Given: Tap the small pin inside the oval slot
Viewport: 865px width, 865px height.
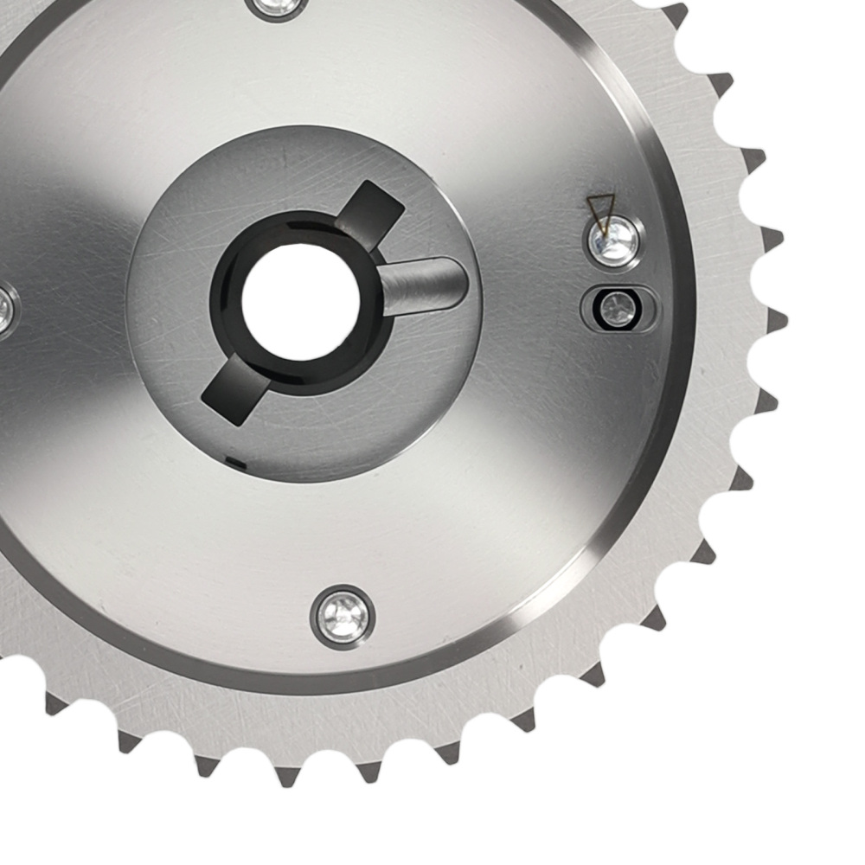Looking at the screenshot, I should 617,309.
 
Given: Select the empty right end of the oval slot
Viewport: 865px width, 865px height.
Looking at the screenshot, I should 645,310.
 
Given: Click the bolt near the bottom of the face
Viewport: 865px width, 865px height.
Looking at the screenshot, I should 343,616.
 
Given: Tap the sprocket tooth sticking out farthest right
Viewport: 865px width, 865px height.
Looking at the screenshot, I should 778,320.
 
